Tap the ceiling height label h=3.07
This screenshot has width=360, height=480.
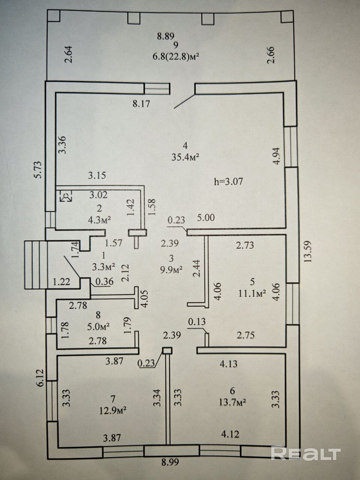(x=228, y=182)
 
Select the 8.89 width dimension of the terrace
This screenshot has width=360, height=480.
(x=166, y=36)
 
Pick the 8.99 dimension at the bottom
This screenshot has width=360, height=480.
(x=169, y=462)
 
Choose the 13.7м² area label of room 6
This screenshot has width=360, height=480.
(x=232, y=403)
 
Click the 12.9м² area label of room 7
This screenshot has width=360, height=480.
(x=112, y=411)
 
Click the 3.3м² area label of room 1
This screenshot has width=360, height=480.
(x=103, y=267)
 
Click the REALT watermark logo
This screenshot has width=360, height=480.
(x=306, y=453)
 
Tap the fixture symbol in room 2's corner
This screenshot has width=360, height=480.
(x=66, y=196)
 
